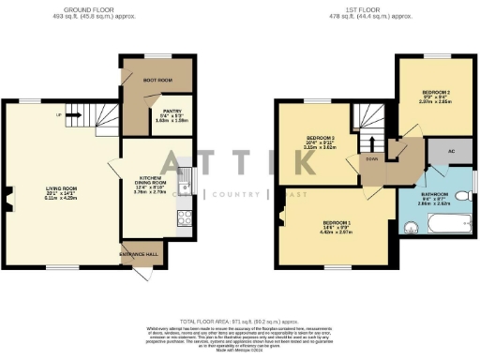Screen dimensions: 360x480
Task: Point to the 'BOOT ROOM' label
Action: (x=156, y=80)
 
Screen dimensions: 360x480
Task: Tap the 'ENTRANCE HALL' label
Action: (x=138, y=254)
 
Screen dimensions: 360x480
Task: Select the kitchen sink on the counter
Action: (x=186, y=188)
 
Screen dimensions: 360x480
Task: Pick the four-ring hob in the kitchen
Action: (x=185, y=217)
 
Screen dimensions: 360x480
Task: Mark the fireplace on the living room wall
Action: (x=8, y=198)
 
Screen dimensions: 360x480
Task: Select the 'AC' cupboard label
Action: (x=438, y=150)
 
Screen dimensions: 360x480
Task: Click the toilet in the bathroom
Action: (x=461, y=196)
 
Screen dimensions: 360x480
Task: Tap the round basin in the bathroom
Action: (x=409, y=226)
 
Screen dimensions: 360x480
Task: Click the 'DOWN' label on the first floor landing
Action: (x=372, y=159)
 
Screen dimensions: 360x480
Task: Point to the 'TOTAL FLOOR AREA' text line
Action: (x=240, y=322)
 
